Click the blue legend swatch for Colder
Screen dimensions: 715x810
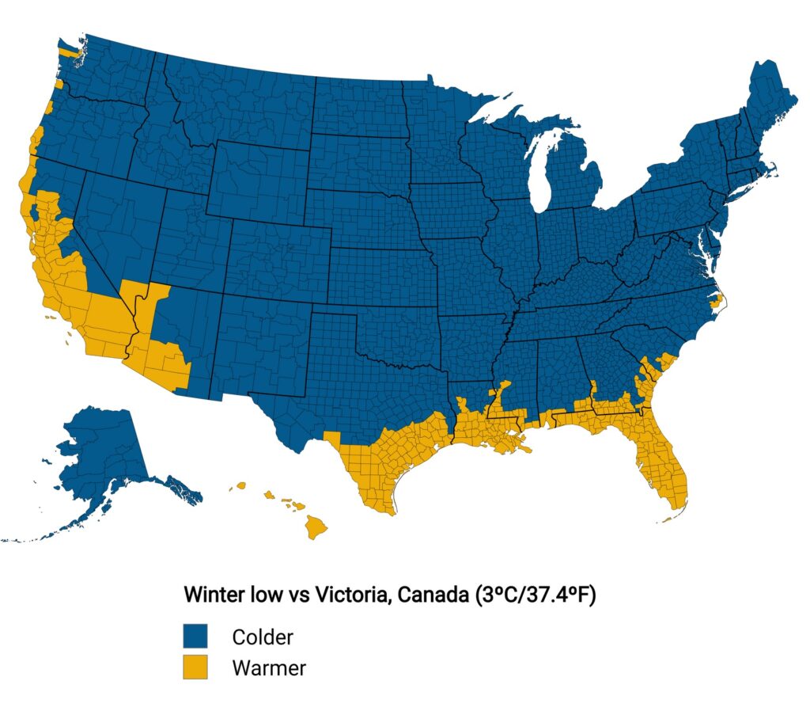click(195, 637)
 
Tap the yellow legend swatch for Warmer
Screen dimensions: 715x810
click(195, 667)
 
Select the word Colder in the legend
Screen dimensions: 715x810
click(263, 637)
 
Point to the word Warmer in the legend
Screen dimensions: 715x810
click(269, 667)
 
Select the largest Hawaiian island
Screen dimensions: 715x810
click(317, 524)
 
